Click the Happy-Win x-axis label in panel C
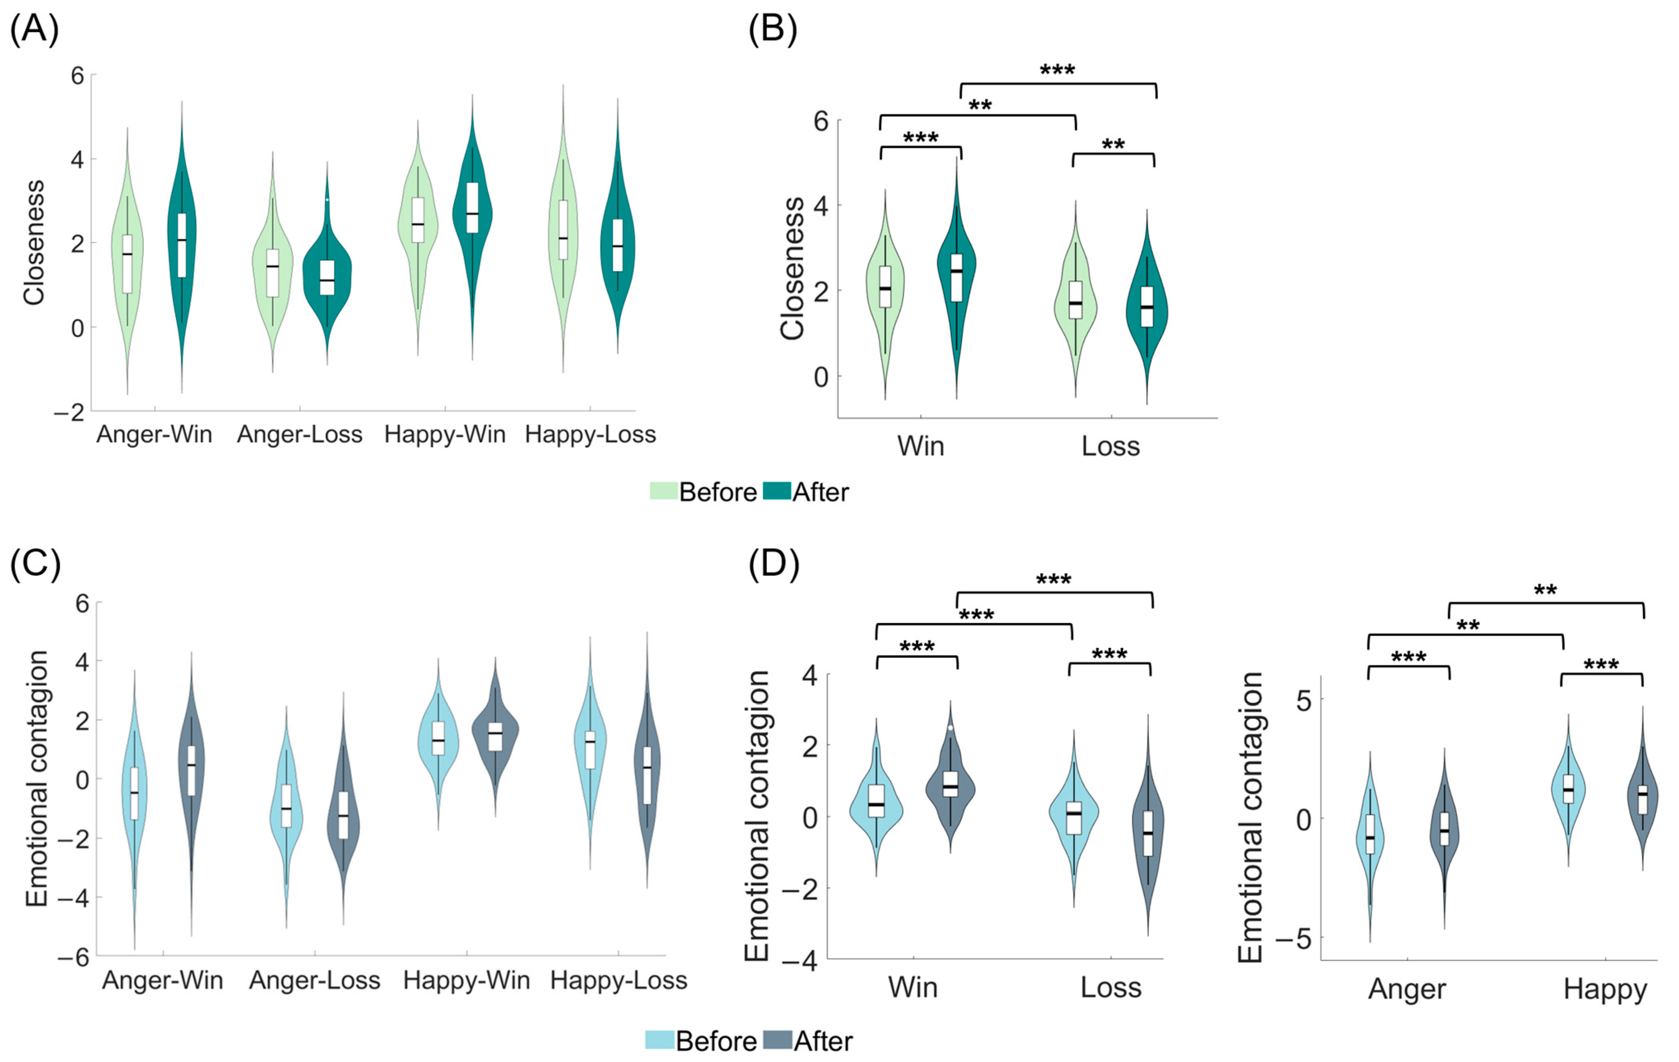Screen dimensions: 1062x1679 click(466, 981)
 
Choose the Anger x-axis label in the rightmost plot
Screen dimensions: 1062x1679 click(1407, 989)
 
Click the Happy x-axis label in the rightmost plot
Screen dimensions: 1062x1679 click(1605, 989)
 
